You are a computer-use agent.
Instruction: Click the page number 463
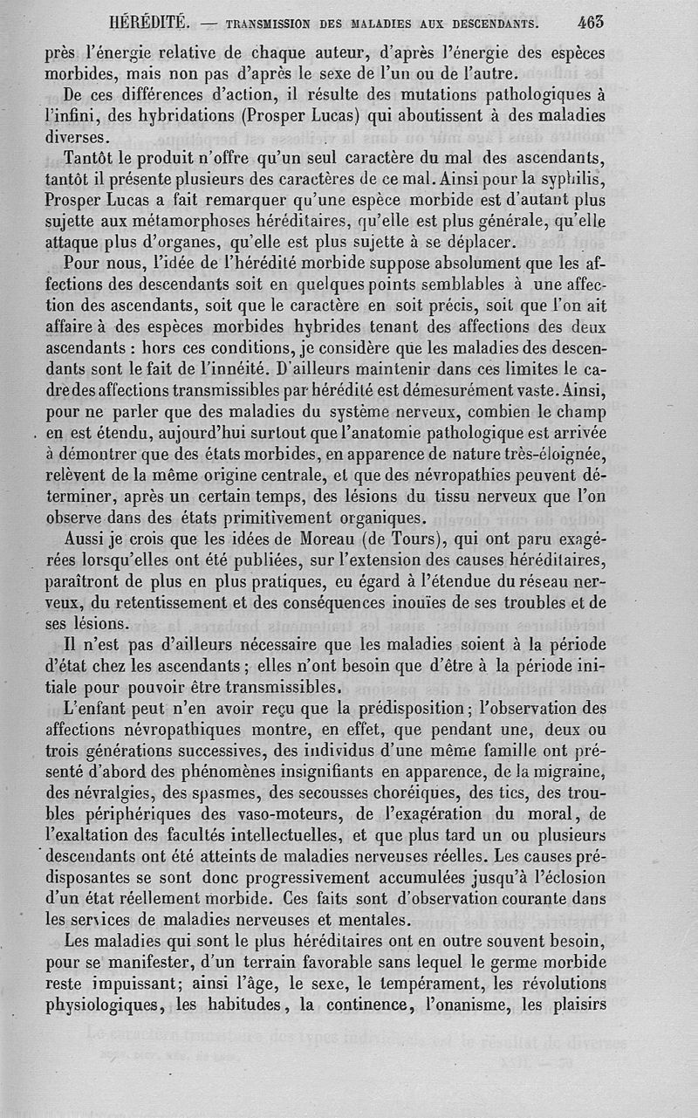(x=590, y=22)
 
